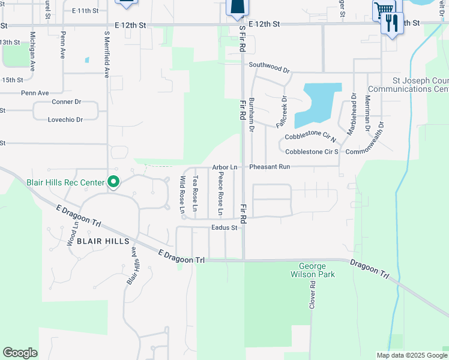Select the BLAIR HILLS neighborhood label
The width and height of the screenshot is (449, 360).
click(103, 241)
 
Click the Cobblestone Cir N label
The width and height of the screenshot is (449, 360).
click(310, 137)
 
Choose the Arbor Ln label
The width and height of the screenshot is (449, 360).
click(224, 167)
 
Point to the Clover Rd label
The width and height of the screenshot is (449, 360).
click(312, 296)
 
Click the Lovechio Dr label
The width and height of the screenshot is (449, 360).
click(65, 119)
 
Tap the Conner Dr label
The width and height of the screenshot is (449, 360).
click(66, 102)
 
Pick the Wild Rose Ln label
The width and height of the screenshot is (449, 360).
click(181, 194)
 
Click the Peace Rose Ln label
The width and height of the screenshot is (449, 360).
click(220, 194)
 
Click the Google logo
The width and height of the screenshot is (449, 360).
click(20, 353)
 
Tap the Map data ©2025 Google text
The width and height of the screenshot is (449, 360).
click(411, 355)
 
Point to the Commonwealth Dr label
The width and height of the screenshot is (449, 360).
click(369, 139)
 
